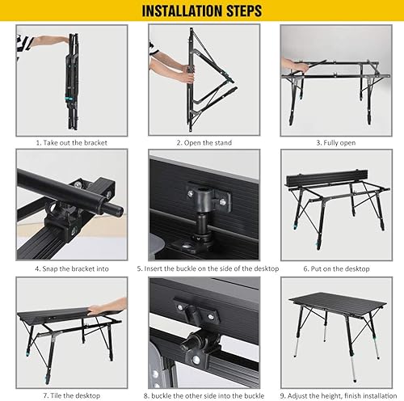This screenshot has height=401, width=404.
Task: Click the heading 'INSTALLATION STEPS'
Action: pos(201,11)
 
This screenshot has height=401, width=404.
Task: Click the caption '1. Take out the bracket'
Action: pos(71,141)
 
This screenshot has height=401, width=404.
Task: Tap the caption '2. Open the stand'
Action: pos(203,141)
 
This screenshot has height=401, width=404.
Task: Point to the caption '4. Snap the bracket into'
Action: pos(71,268)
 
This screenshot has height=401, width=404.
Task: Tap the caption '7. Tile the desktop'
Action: pos(71,394)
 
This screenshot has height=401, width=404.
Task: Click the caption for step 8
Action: pos(203,394)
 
